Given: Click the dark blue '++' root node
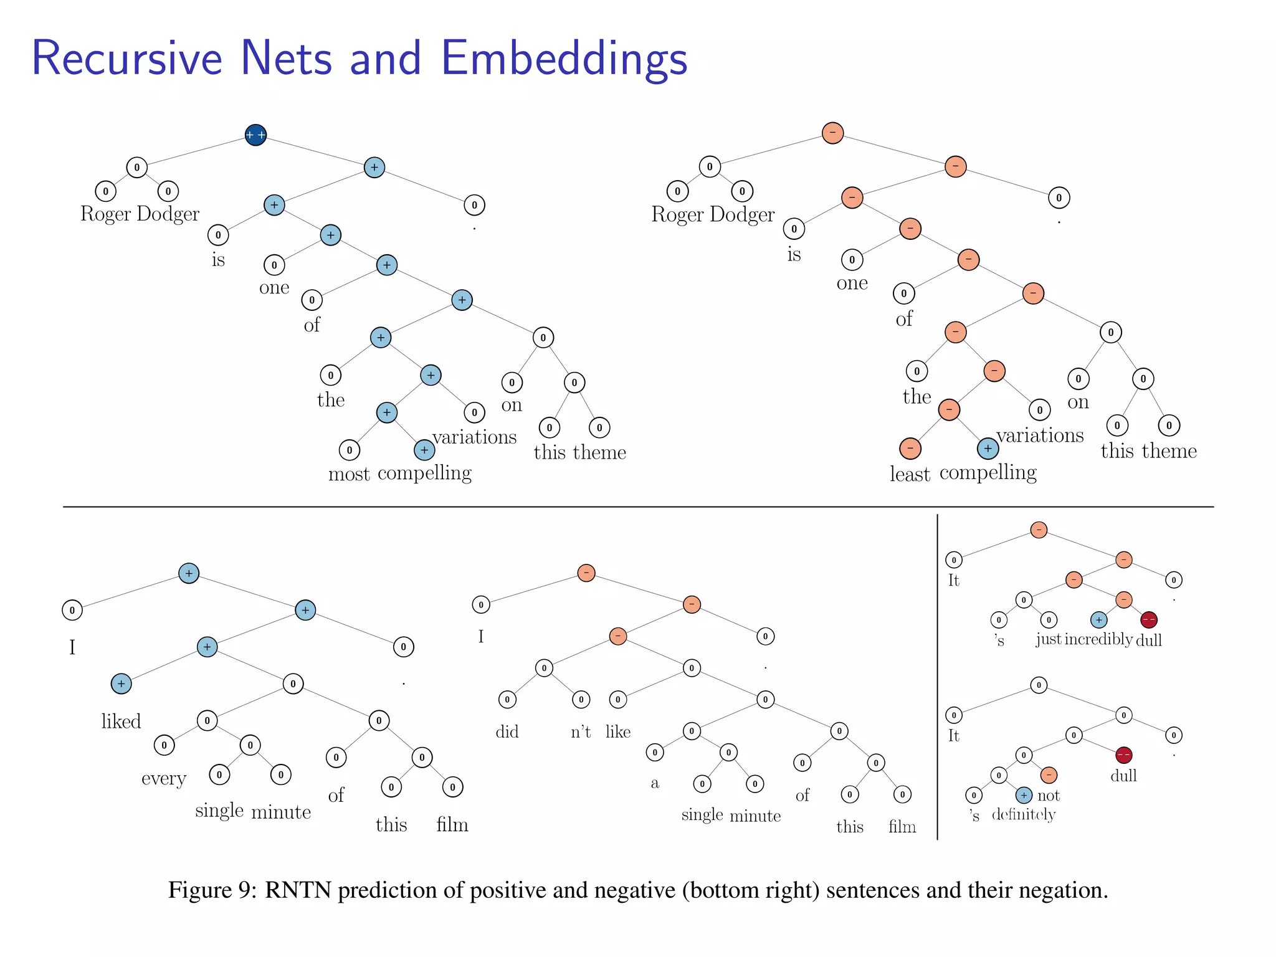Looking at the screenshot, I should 255,135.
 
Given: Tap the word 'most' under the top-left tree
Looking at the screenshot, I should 349,475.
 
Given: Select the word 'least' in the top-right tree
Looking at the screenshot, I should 910,475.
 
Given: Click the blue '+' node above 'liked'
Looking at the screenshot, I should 121,683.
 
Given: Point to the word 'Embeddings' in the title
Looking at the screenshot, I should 564,59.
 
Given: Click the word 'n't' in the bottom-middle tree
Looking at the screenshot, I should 581,731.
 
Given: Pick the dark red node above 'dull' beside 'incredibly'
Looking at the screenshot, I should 1149,620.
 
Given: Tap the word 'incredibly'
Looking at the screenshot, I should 1098,640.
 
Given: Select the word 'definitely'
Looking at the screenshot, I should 1024,814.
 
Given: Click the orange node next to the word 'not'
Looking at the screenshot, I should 1049,775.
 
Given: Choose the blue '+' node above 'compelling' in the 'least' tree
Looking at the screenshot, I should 988,449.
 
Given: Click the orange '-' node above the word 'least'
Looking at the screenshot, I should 910,449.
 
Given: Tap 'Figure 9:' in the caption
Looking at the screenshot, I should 212,890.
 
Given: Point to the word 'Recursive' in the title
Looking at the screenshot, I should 126,59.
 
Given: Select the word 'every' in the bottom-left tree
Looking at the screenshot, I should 164,779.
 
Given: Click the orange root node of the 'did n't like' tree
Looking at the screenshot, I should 586,573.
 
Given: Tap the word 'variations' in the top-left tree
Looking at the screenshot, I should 475,437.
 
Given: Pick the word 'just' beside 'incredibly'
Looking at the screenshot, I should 1049,640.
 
